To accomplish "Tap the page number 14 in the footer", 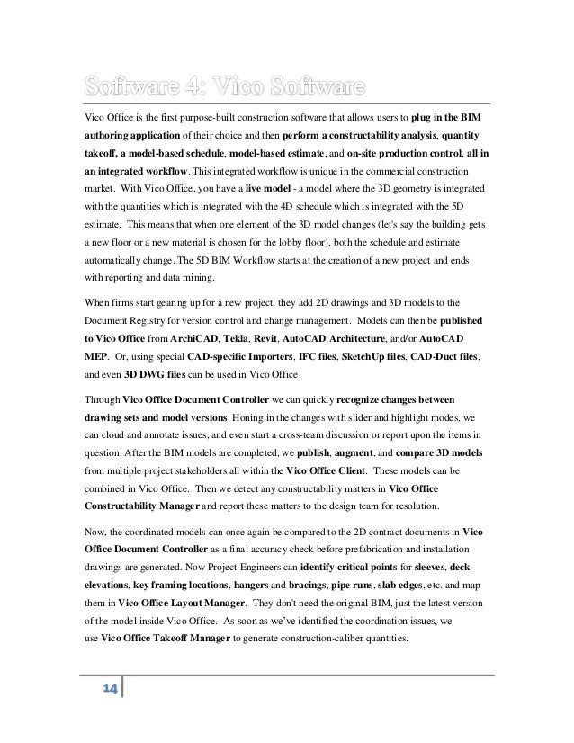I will click(x=111, y=713).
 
